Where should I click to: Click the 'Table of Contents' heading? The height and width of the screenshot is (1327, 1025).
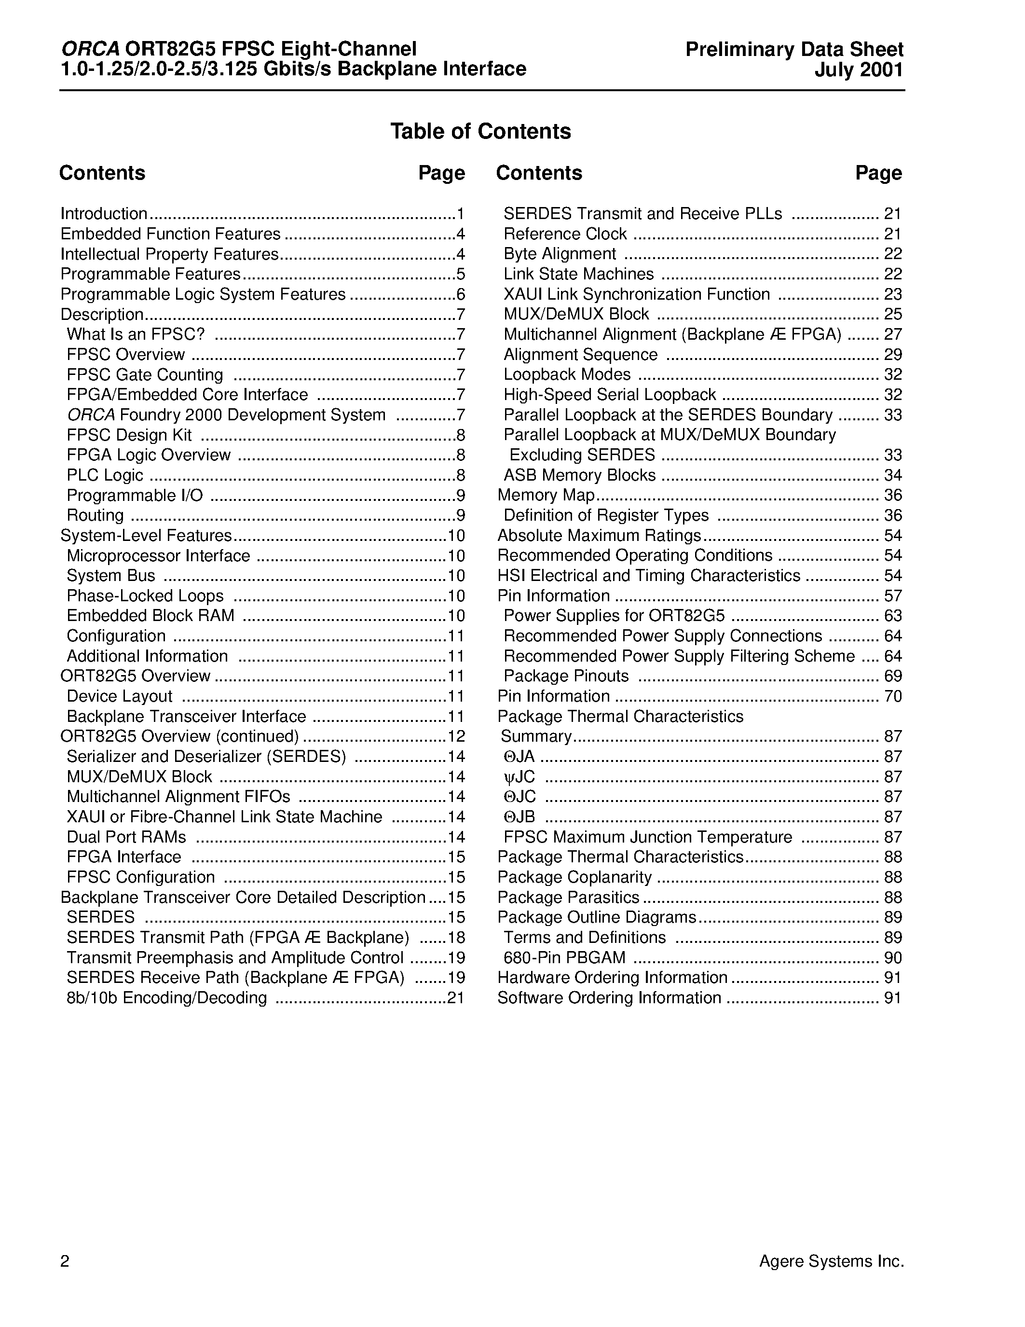(480, 131)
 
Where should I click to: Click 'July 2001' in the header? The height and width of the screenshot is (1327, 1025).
(859, 70)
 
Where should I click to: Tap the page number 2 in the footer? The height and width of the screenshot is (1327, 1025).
(65, 1261)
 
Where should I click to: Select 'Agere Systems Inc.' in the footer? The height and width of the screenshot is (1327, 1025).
(831, 1261)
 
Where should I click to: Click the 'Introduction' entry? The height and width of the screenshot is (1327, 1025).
(104, 214)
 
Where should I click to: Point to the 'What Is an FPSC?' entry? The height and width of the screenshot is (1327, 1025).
(136, 334)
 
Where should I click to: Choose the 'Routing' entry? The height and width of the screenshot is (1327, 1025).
(96, 515)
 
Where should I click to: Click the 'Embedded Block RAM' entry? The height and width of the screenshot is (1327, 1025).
(150, 616)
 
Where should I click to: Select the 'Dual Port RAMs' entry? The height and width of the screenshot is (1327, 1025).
(126, 837)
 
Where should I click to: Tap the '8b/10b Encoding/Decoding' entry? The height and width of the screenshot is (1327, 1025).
(166, 998)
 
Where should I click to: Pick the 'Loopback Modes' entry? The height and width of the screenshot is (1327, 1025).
(567, 374)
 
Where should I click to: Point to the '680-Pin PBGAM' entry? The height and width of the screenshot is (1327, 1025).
(564, 957)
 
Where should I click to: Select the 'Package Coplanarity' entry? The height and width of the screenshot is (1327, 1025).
(574, 877)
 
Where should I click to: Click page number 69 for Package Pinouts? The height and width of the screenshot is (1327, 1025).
(893, 676)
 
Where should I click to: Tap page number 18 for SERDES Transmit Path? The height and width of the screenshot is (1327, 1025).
(455, 938)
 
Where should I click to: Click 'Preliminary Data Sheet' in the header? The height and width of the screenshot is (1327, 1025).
(794, 50)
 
